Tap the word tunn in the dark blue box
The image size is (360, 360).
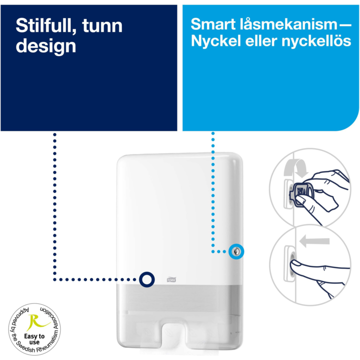pyautogui.click(x=102, y=26)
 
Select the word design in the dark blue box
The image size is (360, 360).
pyautogui.click(x=45, y=46)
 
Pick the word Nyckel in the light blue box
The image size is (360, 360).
pyautogui.click(x=215, y=41)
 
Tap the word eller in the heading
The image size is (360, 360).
pyautogui.click(x=261, y=41)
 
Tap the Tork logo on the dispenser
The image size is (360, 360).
pyautogui.click(x=171, y=279)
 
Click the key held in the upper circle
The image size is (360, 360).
pyautogui.click(x=301, y=191)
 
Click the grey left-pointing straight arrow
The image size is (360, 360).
pyautogui.click(x=314, y=241)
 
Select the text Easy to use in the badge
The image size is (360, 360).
pyautogui.click(x=34, y=339)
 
